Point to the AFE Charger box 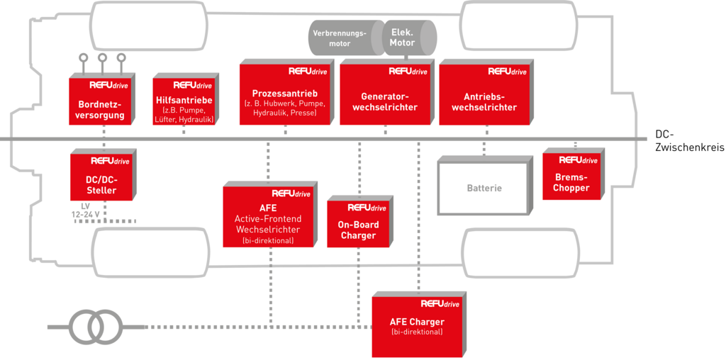pyautogui.click(x=417, y=326)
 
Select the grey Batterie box pyautogui.click(x=484, y=188)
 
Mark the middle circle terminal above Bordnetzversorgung pyautogui.click(x=102, y=58)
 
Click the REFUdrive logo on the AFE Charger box pyautogui.click(x=440, y=303)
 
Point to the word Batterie pyautogui.click(x=484, y=189)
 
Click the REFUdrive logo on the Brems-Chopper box pyautogui.click(x=578, y=160)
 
